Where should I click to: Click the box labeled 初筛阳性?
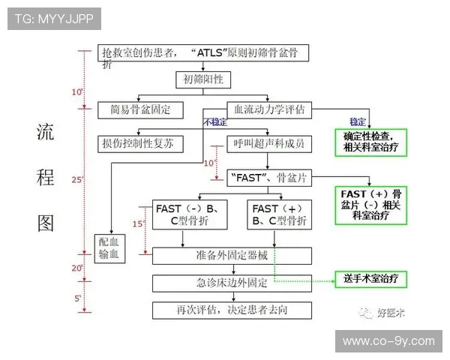(x=202, y=79)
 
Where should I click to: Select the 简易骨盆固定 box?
(x=140, y=109)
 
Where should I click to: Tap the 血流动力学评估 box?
(x=269, y=109)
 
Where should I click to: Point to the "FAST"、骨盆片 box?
(x=269, y=178)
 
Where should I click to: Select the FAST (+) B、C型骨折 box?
(x=277, y=214)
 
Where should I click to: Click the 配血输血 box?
(x=112, y=248)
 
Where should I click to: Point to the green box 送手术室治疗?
(x=374, y=278)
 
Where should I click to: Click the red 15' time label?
(x=137, y=223)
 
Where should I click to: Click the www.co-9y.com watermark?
(x=388, y=341)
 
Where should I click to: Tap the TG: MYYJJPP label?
(x=54, y=19)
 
